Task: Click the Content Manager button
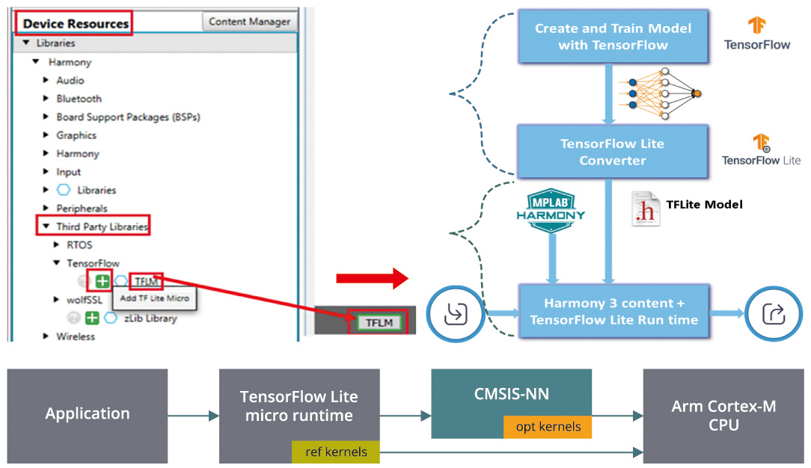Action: click(x=250, y=22)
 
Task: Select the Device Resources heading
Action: click(x=75, y=23)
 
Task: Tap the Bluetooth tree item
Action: click(x=79, y=99)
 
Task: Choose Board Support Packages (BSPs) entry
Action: click(x=128, y=117)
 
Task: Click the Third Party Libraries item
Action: click(x=102, y=227)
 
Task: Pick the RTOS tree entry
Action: click(x=79, y=244)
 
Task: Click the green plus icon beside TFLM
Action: click(x=102, y=282)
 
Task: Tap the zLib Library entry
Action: click(x=150, y=318)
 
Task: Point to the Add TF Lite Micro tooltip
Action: click(x=155, y=298)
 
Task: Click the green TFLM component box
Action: click(x=379, y=323)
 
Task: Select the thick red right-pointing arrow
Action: click(x=371, y=279)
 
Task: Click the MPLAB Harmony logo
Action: click(x=551, y=205)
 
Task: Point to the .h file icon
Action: click(x=645, y=209)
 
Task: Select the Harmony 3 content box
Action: click(x=613, y=312)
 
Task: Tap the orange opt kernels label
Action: click(x=547, y=427)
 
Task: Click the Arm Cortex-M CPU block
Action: click(x=723, y=415)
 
